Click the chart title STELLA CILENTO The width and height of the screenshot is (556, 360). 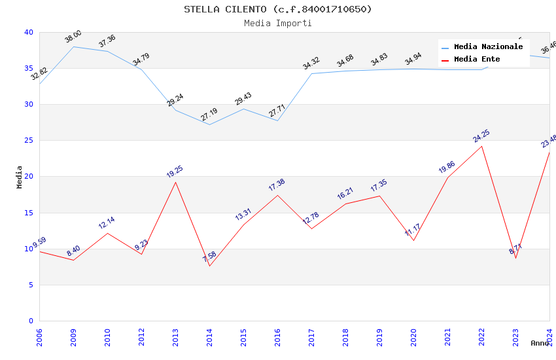tap(277, 9)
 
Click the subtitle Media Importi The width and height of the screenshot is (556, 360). tap(277, 24)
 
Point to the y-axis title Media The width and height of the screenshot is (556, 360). tap(20, 177)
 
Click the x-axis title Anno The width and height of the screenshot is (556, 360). tap(540, 343)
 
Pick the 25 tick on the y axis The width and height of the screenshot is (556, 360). tap(28, 141)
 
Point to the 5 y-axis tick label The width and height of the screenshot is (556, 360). tap(30, 285)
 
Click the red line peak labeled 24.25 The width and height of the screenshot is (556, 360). tap(481, 146)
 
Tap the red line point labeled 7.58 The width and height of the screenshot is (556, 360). tap(209, 266)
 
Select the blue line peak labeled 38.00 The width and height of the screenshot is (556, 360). tap(73, 46)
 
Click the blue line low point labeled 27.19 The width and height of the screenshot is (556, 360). tap(209, 124)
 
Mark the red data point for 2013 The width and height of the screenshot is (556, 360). tap(175, 182)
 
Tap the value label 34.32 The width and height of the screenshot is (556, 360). tap(311, 63)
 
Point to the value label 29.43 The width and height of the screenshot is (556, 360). tap(243, 99)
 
